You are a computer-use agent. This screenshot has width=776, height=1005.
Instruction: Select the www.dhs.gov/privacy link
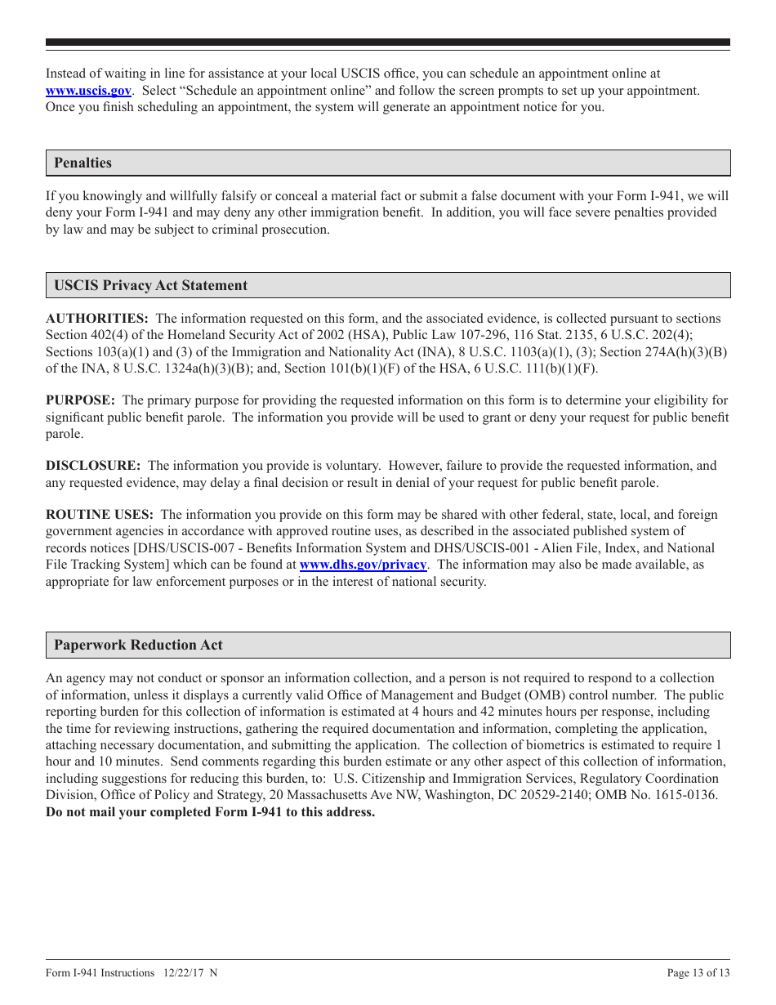tap(363, 565)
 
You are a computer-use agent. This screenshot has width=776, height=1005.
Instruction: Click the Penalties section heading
tap(83, 163)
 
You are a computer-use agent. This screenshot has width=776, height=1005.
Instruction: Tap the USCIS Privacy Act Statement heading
tap(150, 285)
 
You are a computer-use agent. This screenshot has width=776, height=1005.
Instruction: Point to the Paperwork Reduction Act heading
tap(138, 645)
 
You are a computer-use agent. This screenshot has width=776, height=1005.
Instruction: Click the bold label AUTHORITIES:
tap(96, 318)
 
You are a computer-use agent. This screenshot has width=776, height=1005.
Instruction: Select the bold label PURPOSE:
tap(80, 400)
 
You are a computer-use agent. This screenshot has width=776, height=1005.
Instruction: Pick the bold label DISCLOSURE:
tap(93, 466)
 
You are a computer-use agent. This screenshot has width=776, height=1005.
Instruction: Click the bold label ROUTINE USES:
tap(99, 515)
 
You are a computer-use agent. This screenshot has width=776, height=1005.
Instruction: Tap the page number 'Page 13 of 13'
tap(698, 972)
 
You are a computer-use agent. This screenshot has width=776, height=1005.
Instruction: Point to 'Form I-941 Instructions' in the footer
tap(100, 972)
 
